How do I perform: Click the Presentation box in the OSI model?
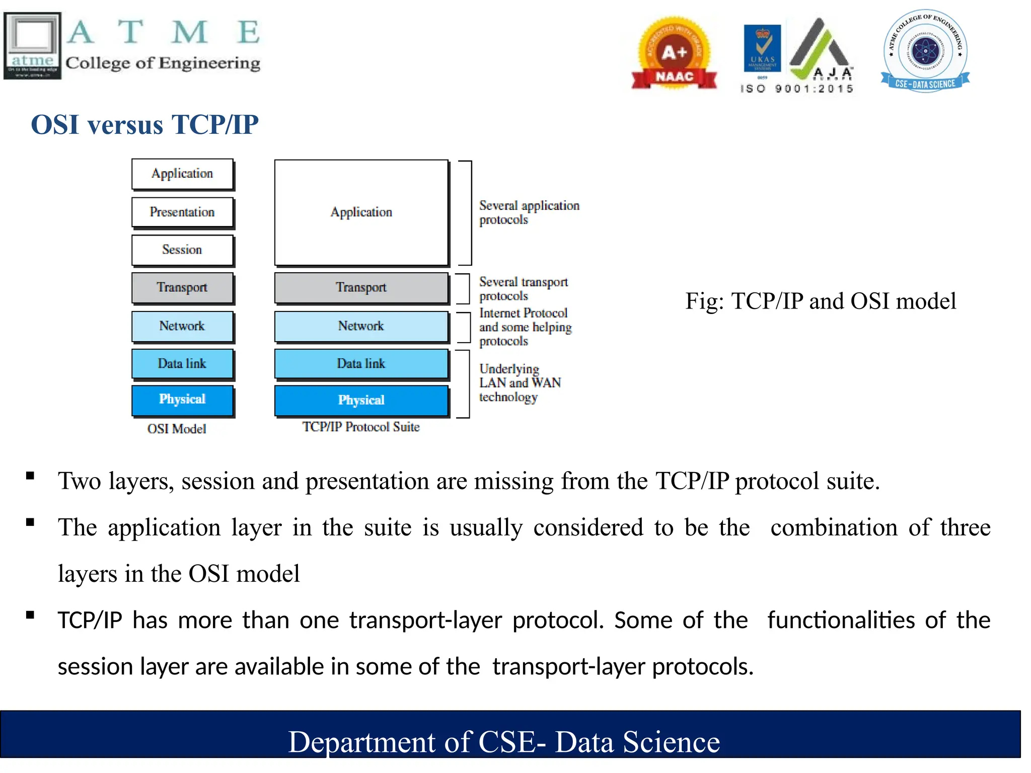[x=182, y=212]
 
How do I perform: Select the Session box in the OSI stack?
[x=182, y=250]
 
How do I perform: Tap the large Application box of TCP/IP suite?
[x=361, y=212]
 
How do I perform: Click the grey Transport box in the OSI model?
[x=182, y=287]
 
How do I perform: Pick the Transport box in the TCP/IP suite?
[x=361, y=287]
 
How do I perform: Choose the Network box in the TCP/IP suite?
[x=361, y=326]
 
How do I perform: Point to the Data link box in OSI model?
[x=182, y=363]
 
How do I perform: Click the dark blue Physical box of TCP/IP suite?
[x=361, y=400]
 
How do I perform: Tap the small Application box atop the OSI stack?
[x=182, y=174]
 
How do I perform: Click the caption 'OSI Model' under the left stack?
[x=177, y=429]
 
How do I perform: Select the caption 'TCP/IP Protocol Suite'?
[x=361, y=427]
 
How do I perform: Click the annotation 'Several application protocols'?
[x=529, y=212]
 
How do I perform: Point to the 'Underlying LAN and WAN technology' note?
[x=520, y=382]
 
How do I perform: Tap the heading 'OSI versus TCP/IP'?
[x=144, y=124]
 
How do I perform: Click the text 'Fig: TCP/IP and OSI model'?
[x=821, y=301]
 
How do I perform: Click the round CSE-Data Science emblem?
[x=925, y=51]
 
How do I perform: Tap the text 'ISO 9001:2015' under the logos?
[x=797, y=89]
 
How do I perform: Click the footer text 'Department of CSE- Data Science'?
[x=504, y=742]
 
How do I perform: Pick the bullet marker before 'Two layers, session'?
[x=30, y=476]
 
